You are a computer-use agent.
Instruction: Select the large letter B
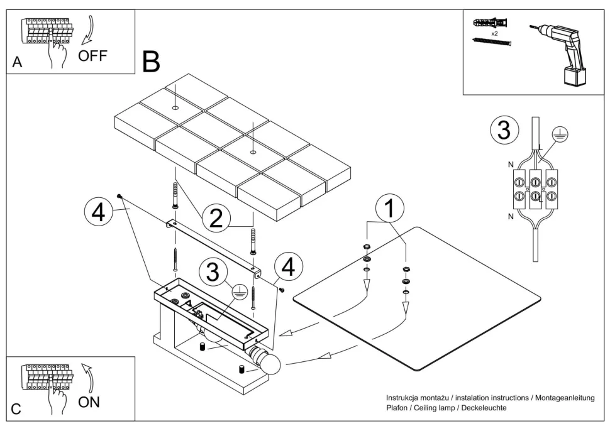point(152,60)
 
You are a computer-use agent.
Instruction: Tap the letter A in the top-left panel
point(18,63)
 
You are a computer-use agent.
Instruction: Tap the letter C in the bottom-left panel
point(16,410)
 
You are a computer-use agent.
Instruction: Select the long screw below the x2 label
point(492,41)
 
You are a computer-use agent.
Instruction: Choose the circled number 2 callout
point(215,218)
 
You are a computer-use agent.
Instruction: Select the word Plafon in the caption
point(398,408)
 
